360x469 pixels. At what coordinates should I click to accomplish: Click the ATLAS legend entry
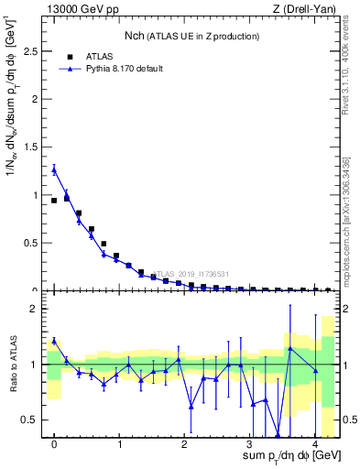click(x=104, y=55)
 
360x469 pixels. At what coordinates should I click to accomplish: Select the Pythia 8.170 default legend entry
click(x=123, y=68)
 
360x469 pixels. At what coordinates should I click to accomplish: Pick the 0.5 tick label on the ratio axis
click(x=31, y=420)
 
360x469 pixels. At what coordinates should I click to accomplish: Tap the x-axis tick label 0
click(x=54, y=444)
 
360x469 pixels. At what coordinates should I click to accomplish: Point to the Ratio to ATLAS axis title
click(x=12, y=364)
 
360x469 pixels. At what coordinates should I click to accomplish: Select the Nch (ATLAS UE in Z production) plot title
click(x=191, y=36)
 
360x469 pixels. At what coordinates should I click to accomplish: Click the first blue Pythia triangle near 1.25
click(x=54, y=169)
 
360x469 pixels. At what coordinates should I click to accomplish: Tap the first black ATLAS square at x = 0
click(x=54, y=201)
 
